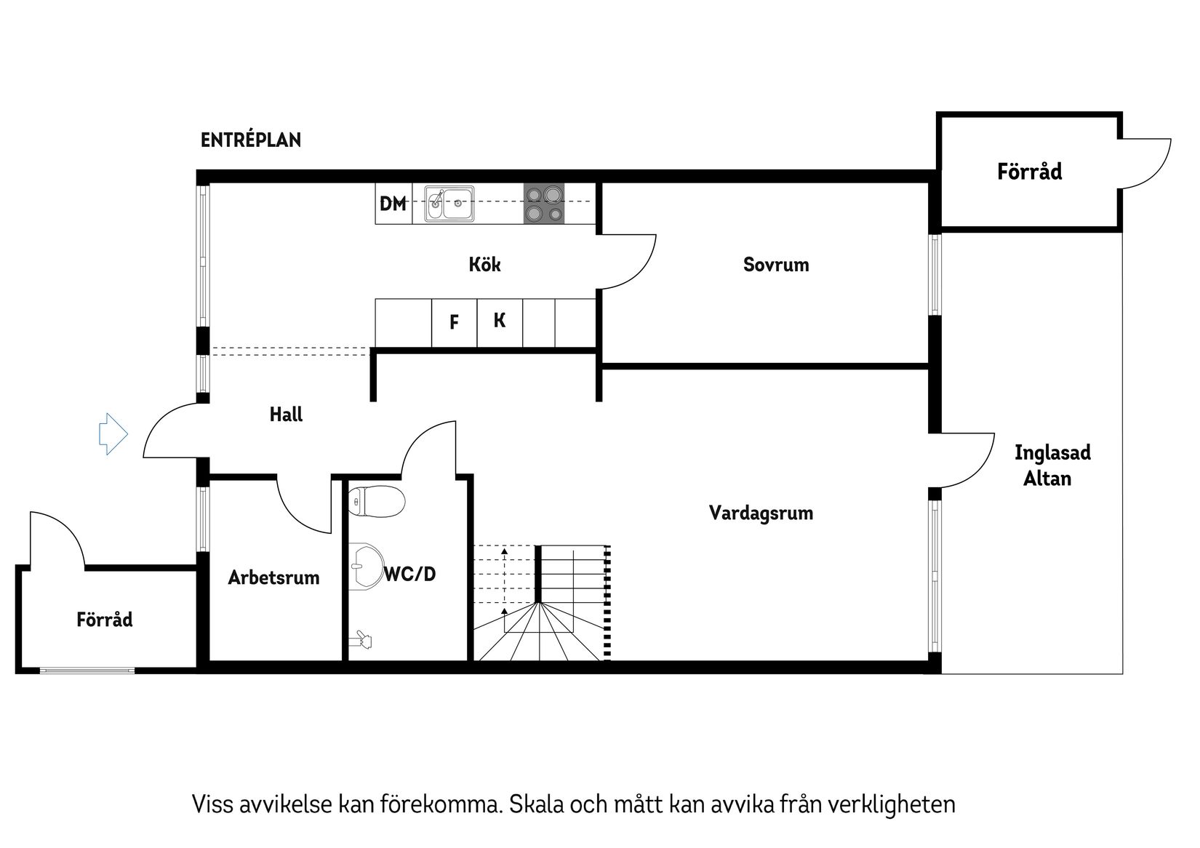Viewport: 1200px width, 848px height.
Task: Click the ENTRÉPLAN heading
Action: pos(250,140)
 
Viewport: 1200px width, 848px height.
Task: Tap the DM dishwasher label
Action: pos(393,204)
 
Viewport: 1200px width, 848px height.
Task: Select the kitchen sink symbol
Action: pos(449,203)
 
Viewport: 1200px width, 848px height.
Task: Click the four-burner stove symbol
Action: pos(544,203)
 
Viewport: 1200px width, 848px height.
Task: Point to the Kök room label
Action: pos(484,264)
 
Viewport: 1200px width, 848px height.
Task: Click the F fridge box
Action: pos(454,321)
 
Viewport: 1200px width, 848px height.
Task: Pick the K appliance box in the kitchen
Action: pos(500,321)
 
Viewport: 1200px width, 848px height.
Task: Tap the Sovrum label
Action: pos(775,264)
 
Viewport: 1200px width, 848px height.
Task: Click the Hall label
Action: pos(286,415)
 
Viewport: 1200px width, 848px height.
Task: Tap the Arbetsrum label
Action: pos(273,577)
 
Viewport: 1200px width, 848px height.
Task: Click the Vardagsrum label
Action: pos(761,513)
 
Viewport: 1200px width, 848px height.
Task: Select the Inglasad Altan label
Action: pos(1052,465)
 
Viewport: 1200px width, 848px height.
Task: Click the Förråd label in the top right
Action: pos(1029,172)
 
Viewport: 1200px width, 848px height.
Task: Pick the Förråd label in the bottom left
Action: pos(105,620)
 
